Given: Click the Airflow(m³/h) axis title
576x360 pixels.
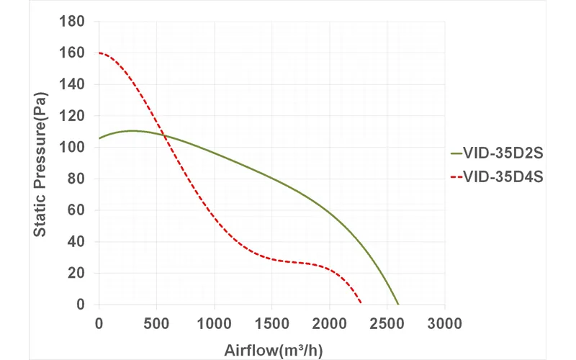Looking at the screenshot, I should tap(271, 351).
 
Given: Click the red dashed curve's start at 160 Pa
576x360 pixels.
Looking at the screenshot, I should tap(99, 53).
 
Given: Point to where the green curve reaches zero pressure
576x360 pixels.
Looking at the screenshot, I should tap(397, 305).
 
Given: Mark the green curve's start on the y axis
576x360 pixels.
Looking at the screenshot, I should tap(99, 138).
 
